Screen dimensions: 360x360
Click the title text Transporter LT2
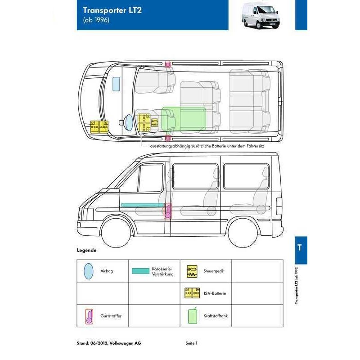pos(112,10)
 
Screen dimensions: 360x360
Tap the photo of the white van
pos(261,15)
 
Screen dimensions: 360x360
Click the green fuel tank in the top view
pos(184,120)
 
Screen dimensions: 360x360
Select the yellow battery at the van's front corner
pos(99,127)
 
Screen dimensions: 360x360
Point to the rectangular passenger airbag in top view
pos(116,84)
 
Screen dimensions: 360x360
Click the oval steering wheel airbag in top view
pos(129,122)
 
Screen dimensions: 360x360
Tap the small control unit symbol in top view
pos(154,122)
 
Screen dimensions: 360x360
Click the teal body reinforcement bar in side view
pos(143,205)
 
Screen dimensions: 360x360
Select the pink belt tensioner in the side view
pos(168,211)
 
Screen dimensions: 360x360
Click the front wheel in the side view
pos(116,233)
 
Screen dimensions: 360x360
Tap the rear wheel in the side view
pos(243,233)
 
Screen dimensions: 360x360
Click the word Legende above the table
pos(86,250)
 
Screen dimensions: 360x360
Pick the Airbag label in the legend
pos(107,271)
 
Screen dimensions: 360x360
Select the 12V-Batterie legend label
pos(215,293)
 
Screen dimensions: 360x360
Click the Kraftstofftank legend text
pos(216,316)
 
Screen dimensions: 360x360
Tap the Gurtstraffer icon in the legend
pos(89,316)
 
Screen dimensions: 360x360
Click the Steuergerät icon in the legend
pos(192,271)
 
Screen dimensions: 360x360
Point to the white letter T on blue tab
pos(299,247)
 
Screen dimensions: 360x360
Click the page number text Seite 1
pos(192,343)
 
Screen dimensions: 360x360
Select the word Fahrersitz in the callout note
pos(255,146)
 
